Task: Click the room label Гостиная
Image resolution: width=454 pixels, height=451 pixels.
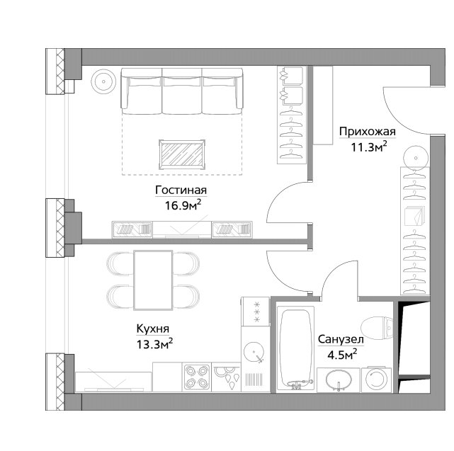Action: [x=181, y=190]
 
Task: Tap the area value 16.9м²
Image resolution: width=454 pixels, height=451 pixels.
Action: [x=183, y=206]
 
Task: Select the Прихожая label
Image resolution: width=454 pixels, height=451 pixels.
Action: [x=368, y=132]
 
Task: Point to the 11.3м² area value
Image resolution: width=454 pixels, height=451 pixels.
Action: [x=369, y=147]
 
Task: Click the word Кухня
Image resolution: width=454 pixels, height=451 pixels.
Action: [x=152, y=329]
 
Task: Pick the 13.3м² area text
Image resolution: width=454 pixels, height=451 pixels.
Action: [x=154, y=345]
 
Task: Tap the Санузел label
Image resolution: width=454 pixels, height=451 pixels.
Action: [x=341, y=339]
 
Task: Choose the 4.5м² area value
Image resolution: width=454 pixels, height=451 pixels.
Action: [x=341, y=355]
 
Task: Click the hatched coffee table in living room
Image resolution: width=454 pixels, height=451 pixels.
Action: [x=182, y=154]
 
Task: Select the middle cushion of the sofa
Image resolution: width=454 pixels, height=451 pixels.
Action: [x=182, y=91]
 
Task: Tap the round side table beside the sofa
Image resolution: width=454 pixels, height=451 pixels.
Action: [x=103, y=81]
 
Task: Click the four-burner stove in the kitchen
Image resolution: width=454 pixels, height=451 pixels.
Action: [x=197, y=377]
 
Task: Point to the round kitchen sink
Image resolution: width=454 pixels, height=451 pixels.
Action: [x=254, y=352]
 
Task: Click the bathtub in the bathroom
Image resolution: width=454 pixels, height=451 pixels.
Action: [x=295, y=349]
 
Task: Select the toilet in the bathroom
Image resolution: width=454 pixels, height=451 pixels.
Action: [x=377, y=328]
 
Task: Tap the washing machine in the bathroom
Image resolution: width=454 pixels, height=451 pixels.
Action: [x=376, y=379]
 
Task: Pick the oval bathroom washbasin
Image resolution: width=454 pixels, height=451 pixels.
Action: [x=339, y=379]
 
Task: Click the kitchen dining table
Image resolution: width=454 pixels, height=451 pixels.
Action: [x=153, y=280]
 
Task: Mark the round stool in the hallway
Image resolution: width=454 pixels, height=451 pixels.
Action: [x=416, y=158]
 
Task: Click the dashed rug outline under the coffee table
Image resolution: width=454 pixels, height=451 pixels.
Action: [x=182, y=175]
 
